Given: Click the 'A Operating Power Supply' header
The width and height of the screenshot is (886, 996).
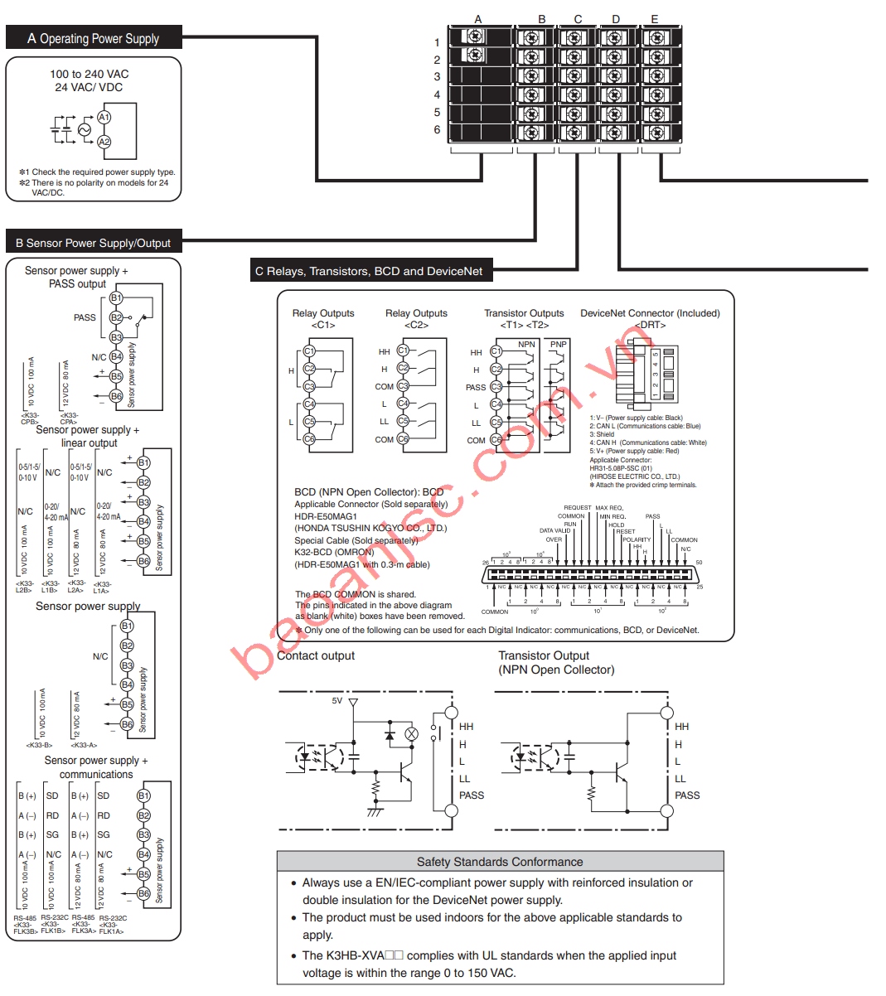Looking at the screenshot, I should (93, 38).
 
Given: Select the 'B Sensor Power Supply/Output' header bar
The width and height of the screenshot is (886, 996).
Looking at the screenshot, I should (93, 243).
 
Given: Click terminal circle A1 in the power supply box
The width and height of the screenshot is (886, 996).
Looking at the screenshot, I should (104, 118).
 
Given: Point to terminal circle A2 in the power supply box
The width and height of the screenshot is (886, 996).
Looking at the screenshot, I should (104, 142).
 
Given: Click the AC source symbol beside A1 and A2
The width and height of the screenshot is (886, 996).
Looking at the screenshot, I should (84, 130).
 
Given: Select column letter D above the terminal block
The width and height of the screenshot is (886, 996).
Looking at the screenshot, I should (616, 19).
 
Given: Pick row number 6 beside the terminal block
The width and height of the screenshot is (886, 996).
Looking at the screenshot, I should (437, 130).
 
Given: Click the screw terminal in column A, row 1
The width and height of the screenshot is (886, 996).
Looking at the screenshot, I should (476, 37).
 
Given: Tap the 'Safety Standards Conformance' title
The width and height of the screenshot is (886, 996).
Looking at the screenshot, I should (500, 862).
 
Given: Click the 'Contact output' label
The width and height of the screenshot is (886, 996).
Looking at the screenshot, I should (316, 655).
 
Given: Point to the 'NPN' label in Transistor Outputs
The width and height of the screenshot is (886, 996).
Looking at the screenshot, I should (526, 344).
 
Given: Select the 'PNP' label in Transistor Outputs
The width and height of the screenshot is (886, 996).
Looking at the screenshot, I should (559, 344).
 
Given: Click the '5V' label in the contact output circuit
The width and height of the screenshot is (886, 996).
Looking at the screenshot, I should (336, 701).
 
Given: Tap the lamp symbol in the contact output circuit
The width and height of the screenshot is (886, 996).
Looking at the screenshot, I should (411, 734).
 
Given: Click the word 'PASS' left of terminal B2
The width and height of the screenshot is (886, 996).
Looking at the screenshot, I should (85, 317).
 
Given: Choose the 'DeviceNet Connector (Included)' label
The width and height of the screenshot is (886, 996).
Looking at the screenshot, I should (650, 313).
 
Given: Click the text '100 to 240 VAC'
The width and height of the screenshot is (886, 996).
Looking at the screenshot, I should (90, 74).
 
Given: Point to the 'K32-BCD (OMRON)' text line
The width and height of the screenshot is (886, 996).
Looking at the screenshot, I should (334, 552).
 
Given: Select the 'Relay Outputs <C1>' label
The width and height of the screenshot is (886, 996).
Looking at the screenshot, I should (323, 318).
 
